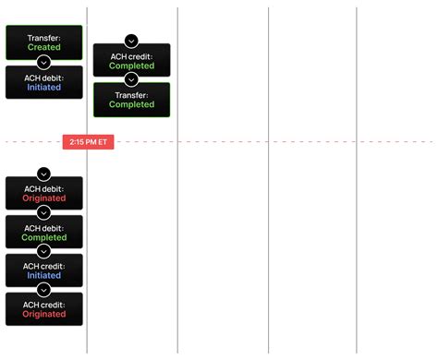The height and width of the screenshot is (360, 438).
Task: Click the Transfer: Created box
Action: [43, 42]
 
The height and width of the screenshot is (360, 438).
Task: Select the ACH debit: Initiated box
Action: [43, 83]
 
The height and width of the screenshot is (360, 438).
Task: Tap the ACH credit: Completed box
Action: [131, 62]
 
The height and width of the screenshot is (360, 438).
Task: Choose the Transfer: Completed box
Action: [131, 100]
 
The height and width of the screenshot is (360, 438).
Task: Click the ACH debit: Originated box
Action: [43, 194]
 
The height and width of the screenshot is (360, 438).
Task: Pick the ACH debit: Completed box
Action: [43, 233]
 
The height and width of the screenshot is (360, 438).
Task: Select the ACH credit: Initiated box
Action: [43, 271]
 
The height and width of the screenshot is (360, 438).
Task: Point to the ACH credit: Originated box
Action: [43, 310]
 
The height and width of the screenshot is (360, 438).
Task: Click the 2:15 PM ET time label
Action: [89, 142]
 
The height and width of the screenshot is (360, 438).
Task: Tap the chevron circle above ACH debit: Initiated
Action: [43, 62]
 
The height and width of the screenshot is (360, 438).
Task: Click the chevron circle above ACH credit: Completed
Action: [131, 42]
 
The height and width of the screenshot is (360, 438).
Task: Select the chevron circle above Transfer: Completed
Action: [131, 80]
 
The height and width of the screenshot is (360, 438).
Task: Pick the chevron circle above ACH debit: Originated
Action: [43, 174]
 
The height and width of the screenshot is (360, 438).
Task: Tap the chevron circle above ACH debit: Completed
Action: [43, 213]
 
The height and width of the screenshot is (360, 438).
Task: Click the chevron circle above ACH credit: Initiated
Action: [43, 252]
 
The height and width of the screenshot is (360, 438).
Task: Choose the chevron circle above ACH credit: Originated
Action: [43, 291]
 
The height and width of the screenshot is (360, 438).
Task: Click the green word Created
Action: [43, 47]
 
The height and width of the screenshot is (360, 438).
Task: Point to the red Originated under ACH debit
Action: [43, 198]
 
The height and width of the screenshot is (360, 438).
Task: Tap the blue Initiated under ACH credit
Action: [43, 276]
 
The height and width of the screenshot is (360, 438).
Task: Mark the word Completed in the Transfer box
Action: [131, 104]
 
